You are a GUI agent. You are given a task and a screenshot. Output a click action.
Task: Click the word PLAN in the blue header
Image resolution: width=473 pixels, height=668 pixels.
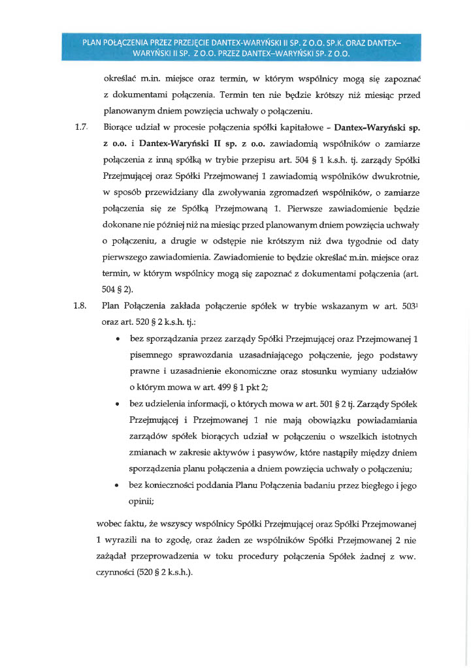point(93,43)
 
